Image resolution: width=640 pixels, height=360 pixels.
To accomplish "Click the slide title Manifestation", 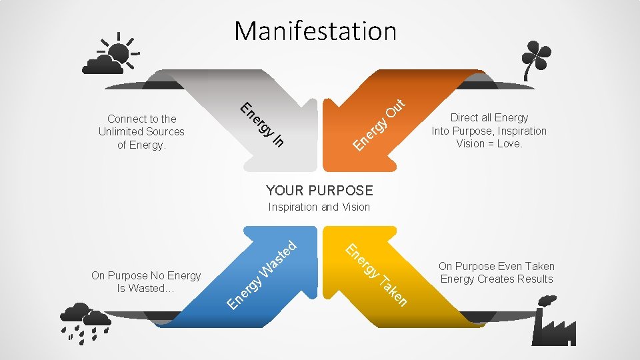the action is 315,31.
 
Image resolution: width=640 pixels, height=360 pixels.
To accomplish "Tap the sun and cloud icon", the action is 110,53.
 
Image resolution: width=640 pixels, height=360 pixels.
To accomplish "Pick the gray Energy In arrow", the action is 267,120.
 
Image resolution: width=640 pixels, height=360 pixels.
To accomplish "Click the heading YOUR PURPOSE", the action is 319,189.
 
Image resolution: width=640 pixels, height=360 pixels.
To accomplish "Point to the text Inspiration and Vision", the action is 319,207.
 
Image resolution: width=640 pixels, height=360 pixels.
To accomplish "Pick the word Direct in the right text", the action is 465,117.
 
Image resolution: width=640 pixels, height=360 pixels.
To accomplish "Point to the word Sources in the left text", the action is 165,131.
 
